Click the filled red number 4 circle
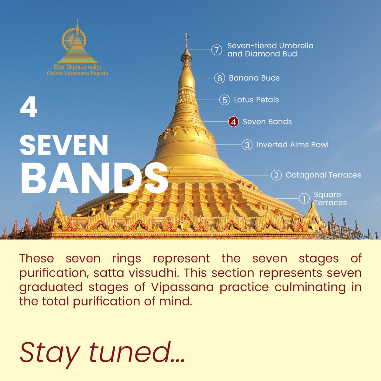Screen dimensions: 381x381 pyautogui.click(x=233, y=122)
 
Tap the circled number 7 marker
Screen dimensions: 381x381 pyautogui.click(x=217, y=50)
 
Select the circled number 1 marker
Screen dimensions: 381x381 pyautogui.click(x=304, y=199)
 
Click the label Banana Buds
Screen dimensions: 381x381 pyautogui.click(x=254, y=78)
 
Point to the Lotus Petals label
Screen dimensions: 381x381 pyautogui.click(x=256, y=100)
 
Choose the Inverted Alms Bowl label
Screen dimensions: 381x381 pyautogui.click(x=292, y=145)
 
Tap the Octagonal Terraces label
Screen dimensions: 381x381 pyautogui.click(x=323, y=175)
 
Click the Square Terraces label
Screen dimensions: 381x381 pyautogui.click(x=330, y=199)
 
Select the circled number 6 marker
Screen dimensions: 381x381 pyautogui.click(x=219, y=78)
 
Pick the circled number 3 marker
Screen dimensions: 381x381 pyautogui.click(x=247, y=145)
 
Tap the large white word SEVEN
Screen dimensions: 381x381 pyautogui.click(x=64, y=145)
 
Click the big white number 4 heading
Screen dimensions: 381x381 pyautogui.click(x=29, y=108)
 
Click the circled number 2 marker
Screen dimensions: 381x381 pyautogui.click(x=276, y=175)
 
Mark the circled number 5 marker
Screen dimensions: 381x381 pyautogui.click(x=224, y=100)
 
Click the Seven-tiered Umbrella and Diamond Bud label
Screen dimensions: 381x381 pyautogui.click(x=270, y=50)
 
